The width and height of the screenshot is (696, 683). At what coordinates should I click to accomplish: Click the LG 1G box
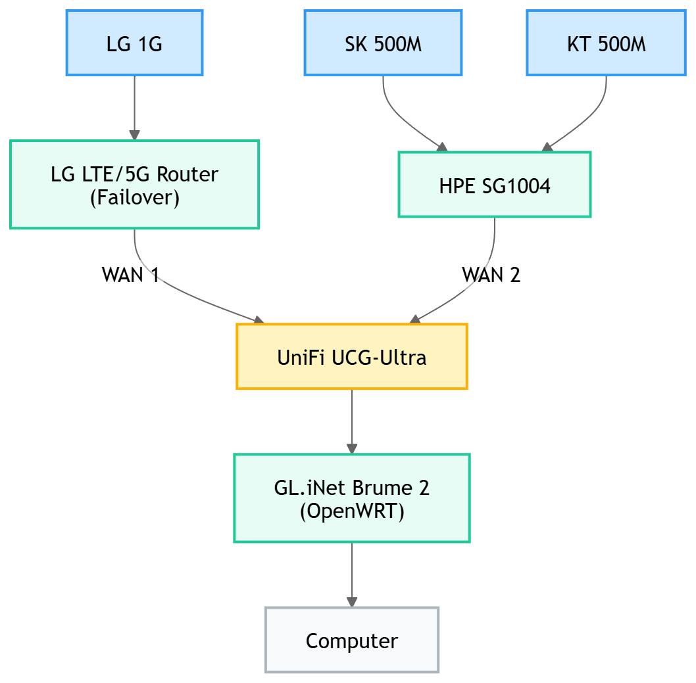[134, 43]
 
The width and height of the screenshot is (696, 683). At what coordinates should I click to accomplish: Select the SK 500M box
[383, 43]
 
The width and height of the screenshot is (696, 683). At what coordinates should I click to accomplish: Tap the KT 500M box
[606, 43]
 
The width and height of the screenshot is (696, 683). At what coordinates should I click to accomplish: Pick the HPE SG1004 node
[494, 185]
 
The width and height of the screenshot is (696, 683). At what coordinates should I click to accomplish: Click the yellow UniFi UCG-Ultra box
[351, 357]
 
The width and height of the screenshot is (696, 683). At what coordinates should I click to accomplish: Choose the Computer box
[351, 640]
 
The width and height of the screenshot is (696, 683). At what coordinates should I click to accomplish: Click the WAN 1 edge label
[130, 274]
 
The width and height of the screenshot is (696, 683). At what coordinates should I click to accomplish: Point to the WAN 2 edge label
[491, 274]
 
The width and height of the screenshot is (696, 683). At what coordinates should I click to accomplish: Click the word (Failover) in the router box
[134, 197]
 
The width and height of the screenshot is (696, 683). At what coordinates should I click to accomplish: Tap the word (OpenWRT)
[351, 511]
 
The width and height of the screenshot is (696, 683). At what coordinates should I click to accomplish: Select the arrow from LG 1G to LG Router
[134, 105]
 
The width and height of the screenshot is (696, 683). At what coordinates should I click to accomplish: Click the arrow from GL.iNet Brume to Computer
[352, 572]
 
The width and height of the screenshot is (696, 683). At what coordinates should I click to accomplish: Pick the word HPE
[457, 186]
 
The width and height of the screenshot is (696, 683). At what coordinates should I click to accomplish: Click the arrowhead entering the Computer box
[352, 601]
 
